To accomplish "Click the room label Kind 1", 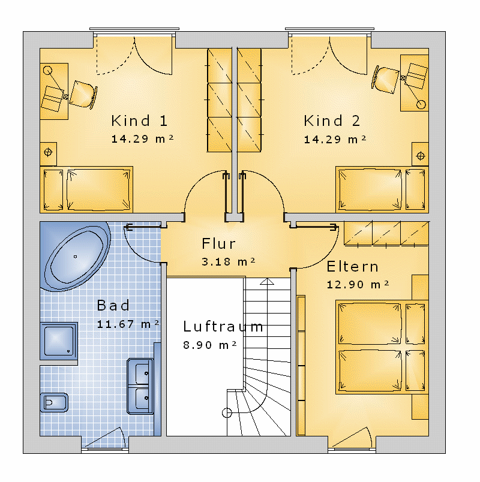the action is tap(139, 121).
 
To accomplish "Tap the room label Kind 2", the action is tap(332, 121).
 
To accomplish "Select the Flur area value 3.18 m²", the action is tap(229, 261).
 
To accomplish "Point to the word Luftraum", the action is tap(223, 327).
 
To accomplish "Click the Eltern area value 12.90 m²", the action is tap(358, 284).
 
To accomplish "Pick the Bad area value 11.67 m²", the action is tap(128, 324).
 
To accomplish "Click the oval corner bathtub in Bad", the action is tap(76, 257).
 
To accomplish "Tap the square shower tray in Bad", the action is tap(58, 341).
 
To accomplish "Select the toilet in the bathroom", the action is tap(54, 402).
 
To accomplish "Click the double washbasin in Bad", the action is tap(140, 386).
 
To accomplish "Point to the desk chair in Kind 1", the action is tap(83, 94).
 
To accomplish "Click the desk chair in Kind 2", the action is tap(386, 80).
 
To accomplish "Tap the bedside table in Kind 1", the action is tap(49, 153).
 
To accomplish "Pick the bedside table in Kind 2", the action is tap(421, 154).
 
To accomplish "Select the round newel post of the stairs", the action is tap(227, 413).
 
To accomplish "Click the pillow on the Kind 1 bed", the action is tap(53, 190).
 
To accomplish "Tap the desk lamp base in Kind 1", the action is tap(47, 70).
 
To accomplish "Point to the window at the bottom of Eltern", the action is tap(352, 451).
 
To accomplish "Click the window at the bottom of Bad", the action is tap(105, 451).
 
